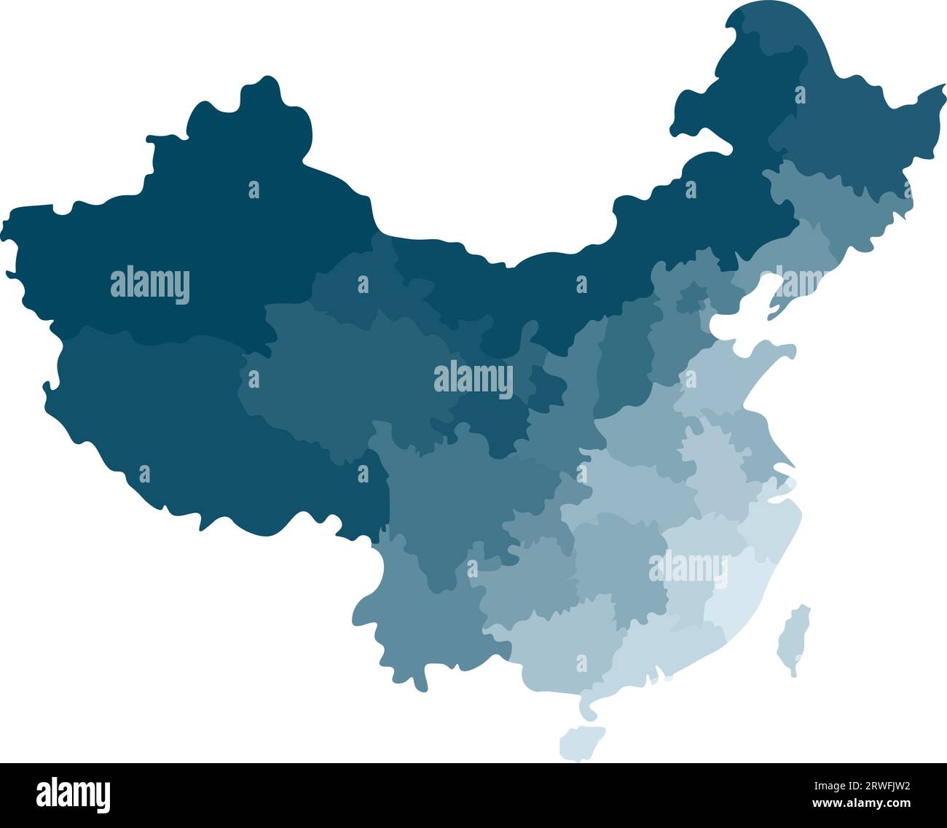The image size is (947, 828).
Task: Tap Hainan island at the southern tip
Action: pos(581,742)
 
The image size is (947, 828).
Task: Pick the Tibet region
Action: pos(182,430)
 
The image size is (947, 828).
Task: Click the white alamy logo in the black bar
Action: pos(74,795)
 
